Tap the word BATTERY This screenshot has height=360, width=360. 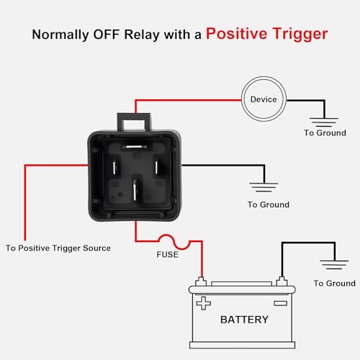click(x=244, y=320)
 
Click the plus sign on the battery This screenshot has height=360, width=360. click(x=204, y=303)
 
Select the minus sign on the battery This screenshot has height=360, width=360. click(x=281, y=303)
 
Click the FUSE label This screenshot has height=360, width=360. click(x=168, y=254)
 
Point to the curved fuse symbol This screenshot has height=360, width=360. click(x=174, y=242)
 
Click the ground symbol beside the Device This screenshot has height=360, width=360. click(x=324, y=122)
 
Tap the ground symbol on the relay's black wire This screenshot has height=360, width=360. click(x=264, y=187)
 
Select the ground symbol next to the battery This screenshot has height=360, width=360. click(x=334, y=265)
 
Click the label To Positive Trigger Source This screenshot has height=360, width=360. click(x=58, y=248)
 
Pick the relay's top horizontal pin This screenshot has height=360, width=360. click(x=134, y=147)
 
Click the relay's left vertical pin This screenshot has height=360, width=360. click(x=114, y=168)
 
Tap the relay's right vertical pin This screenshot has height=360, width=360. click(x=156, y=167)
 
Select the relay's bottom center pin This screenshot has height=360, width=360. click(x=135, y=192)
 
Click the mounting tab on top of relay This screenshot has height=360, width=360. click(x=134, y=122)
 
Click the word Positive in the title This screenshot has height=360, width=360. click(x=237, y=34)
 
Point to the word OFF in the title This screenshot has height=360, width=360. click(x=106, y=35)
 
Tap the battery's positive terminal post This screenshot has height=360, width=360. click(x=201, y=282)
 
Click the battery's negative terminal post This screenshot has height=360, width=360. click(x=282, y=282)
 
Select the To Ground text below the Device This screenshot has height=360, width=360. click(x=325, y=133)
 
